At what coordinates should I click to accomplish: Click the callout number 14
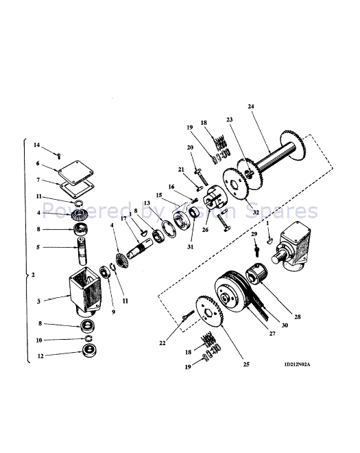point(37,145)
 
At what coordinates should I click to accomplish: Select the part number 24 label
point(250,106)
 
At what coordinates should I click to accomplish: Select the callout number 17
point(124,218)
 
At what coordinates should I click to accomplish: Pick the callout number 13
point(147,203)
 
